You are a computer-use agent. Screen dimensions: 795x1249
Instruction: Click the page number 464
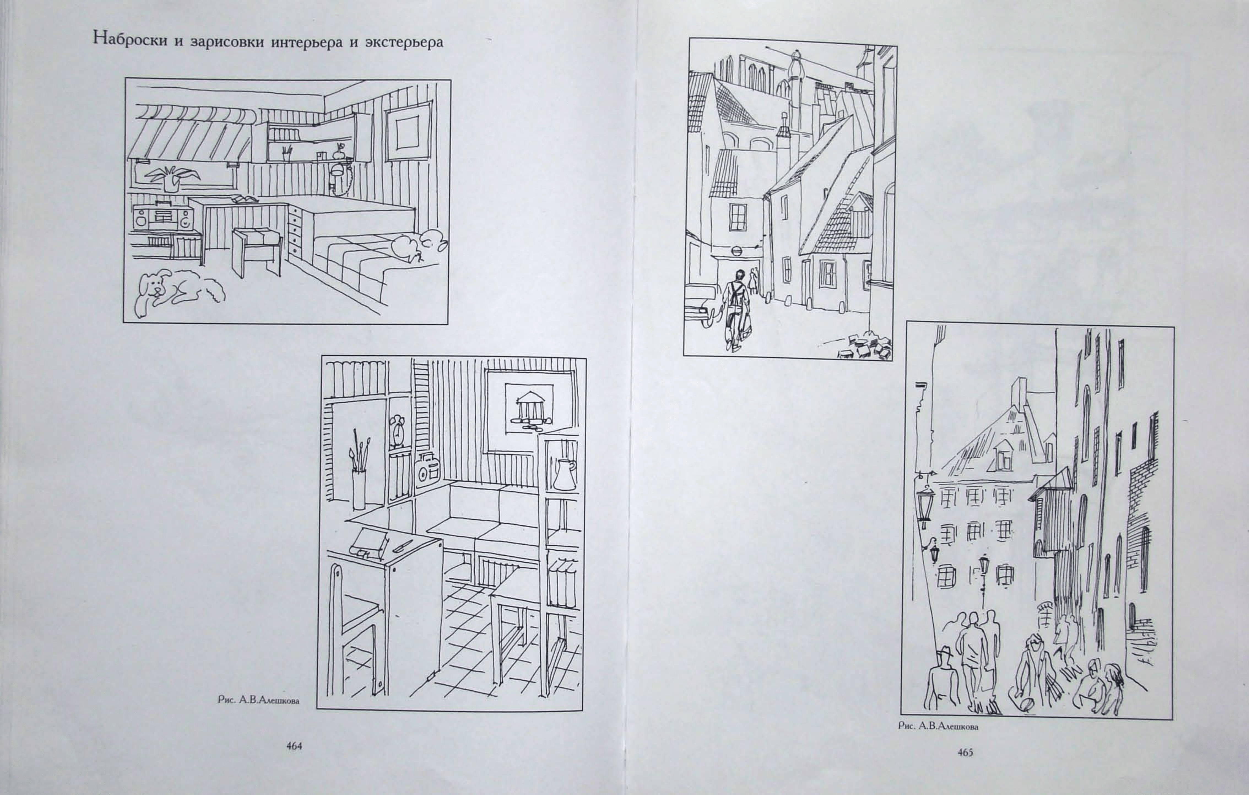pos(294,746)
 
